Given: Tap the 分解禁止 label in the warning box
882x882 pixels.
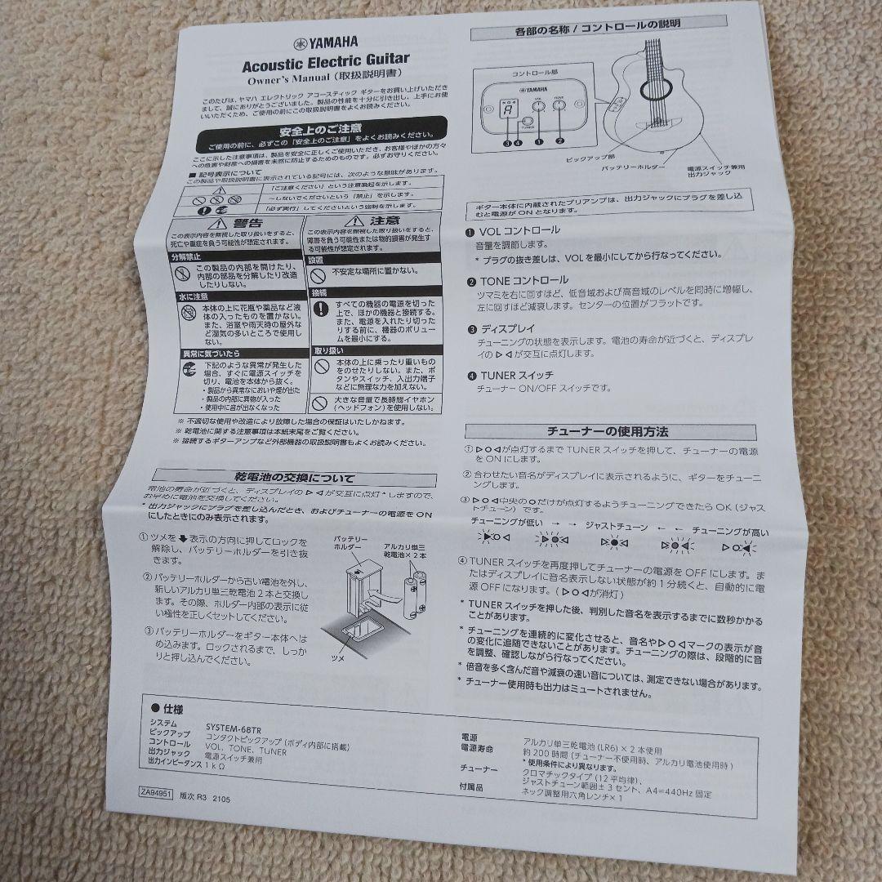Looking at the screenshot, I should click(x=187, y=256).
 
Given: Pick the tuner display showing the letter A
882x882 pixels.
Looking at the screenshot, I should click(x=507, y=111).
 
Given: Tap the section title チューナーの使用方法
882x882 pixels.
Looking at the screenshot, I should click(x=607, y=431).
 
